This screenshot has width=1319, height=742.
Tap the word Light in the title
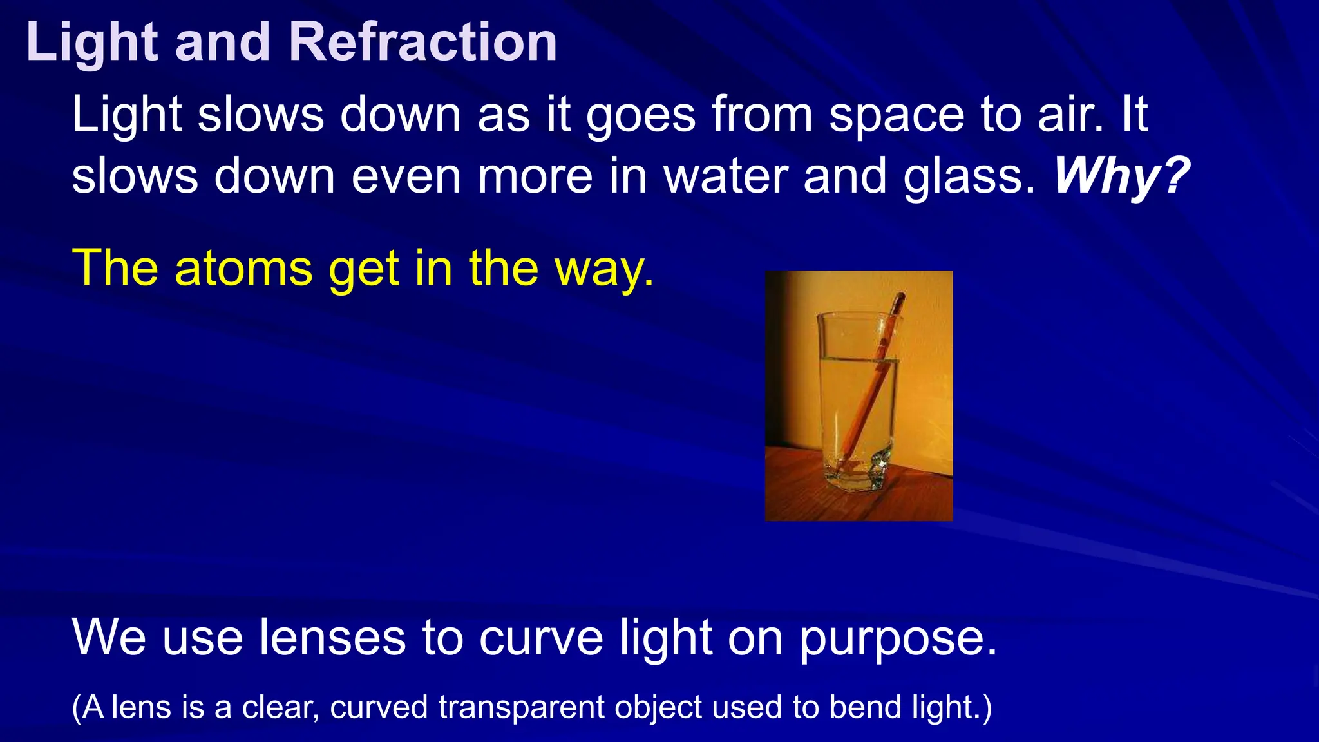pos(91,42)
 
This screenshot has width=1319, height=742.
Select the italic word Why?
pos(1121,176)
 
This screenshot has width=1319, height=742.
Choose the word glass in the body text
pos(969,176)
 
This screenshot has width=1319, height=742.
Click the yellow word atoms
pos(243,268)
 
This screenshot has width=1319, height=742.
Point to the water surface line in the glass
pos(857,359)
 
